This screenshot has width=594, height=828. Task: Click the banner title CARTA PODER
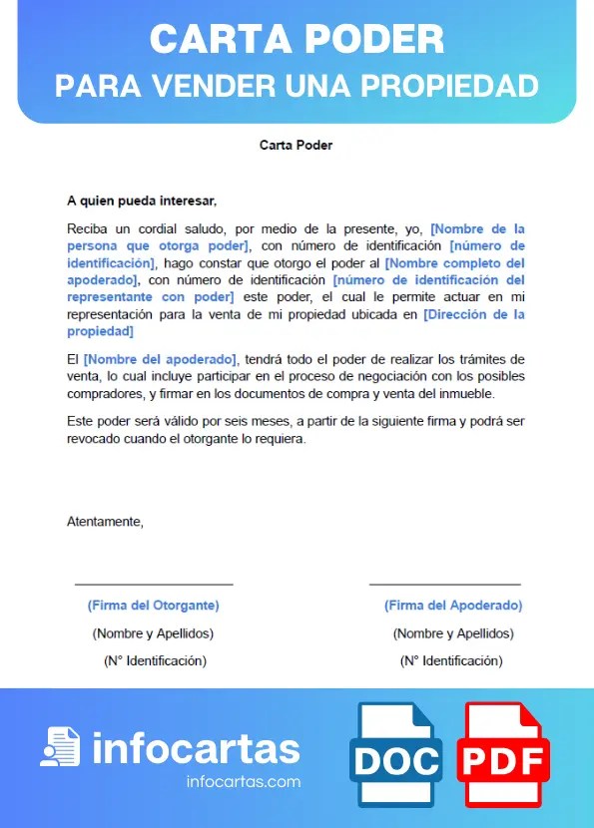pyautogui.click(x=297, y=39)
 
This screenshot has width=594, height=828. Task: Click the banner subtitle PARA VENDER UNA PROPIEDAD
pyautogui.click(x=297, y=86)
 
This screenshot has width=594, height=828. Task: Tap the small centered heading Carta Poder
pyautogui.click(x=296, y=146)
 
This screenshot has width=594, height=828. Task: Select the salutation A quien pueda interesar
pyautogui.click(x=141, y=201)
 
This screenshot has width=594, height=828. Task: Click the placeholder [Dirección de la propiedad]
pyautogui.click(x=473, y=315)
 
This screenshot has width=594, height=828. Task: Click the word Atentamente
pyautogui.click(x=105, y=521)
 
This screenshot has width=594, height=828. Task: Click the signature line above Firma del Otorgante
pyautogui.click(x=153, y=585)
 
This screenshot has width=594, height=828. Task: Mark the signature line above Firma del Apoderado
pyautogui.click(x=445, y=585)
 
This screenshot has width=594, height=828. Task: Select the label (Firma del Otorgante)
pyautogui.click(x=153, y=606)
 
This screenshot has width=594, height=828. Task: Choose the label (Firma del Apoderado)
pyautogui.click(x=453, y=606)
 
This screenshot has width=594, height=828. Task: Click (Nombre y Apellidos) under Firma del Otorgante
pyautogui.click(x=153, y=633)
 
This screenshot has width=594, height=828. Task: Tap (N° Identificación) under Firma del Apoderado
pyautogui.click(x=451, y=661)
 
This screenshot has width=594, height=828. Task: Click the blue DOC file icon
pyautogui.click(x=395, y=756)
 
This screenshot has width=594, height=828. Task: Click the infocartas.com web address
pyautogui.click(x=244, y=782)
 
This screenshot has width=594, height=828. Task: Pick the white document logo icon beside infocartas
pyautogui.click(x=60, y=746)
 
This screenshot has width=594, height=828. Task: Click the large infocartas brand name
pyautogui.click(x=196, y=748)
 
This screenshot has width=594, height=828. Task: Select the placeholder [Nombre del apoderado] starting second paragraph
pyautogui.click(x=161, y=359)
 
